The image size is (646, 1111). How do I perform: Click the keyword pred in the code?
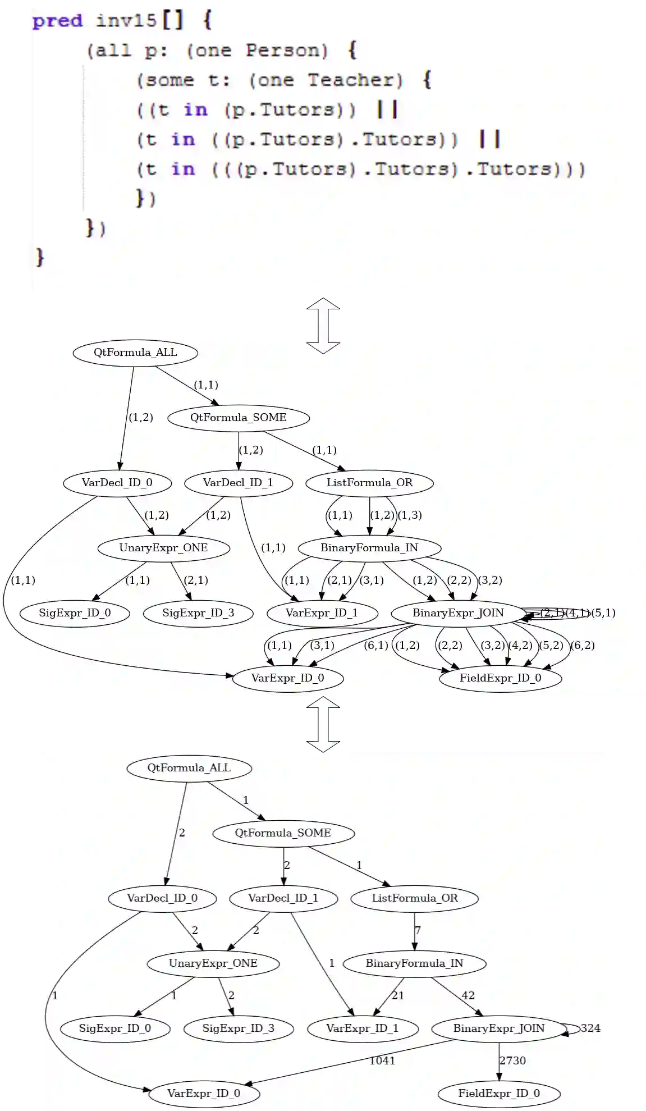[57, 21]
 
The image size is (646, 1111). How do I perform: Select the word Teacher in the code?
[355, 80]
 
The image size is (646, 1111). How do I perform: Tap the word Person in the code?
[286, 51]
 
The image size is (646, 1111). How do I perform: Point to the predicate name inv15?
[126, 21]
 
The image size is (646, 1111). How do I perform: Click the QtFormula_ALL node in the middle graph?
[135, 353]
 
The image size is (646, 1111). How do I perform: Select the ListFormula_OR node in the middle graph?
[369, 483]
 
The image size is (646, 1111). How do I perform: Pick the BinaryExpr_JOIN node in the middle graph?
[458, 613]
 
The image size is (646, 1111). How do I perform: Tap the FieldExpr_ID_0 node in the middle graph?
[500, 678]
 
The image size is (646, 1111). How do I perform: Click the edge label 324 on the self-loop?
[590, 1028]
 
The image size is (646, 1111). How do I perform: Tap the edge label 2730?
[512, 1060]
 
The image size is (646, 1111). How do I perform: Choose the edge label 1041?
[382, 1060]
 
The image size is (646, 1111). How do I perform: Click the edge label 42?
[468, 995]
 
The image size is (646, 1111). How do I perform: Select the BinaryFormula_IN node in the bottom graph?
[414, 963]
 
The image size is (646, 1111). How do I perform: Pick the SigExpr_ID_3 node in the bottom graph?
[238, 1028]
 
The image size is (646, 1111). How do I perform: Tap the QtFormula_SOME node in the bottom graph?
[283, 833]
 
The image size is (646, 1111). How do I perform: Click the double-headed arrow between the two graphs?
[323, 723]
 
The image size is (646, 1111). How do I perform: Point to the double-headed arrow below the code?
[323, 326]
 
